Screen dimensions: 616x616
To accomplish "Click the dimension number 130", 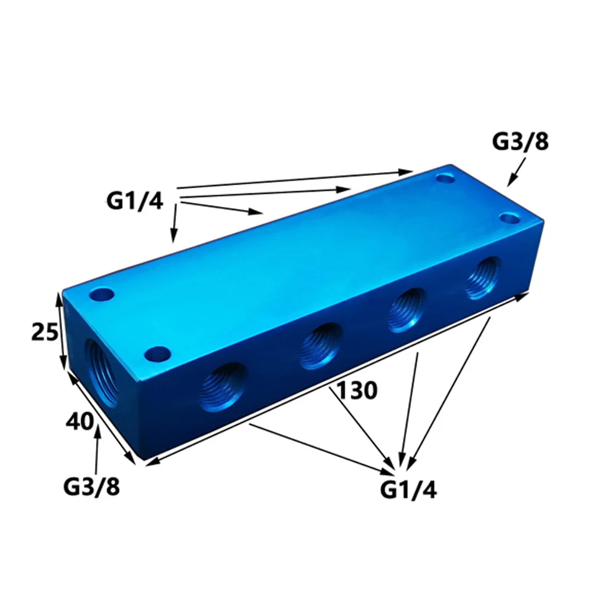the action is click(x=357, y=391).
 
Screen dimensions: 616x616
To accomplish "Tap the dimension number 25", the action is click(x=45, y=331).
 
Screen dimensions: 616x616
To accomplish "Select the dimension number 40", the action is click(x=79, y=421).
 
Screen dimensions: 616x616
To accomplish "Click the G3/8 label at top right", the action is click(x=520, y=142).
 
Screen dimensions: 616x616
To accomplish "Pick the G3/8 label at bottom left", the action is click(x=91, y=487).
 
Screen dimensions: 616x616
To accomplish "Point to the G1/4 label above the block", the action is click(x=134, y=201).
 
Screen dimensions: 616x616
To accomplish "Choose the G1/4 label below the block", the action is click(x=408, y=490).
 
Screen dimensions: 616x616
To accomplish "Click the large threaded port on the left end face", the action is click(x=102, y=373).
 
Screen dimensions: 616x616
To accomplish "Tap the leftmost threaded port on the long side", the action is click(x=224, y=387).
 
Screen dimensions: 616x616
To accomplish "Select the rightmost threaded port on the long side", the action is click(x=483, y=278).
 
